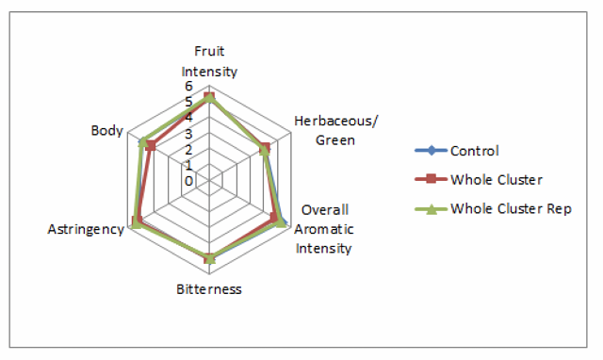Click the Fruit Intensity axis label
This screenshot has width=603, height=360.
(209, 61)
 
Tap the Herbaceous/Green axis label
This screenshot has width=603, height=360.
(335, 130)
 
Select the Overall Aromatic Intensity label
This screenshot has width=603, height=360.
(324, 229)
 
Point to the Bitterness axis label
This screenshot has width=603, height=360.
(209, 289)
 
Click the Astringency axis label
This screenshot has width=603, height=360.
(86, 229)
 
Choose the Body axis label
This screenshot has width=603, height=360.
(106, 131)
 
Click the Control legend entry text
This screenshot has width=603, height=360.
(475, 151)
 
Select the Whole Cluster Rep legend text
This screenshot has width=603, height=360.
(511, 209)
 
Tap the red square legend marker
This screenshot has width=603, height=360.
(432, 179)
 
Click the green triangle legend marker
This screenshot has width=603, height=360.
(432, 209)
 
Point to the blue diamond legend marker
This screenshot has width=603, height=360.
(432, 151)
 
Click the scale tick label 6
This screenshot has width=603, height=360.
(188, 86)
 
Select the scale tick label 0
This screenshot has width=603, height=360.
(188, 181)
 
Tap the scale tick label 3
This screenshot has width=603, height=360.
(188, 134)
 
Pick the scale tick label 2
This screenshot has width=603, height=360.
(188, 150)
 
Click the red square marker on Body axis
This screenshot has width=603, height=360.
(151, 146)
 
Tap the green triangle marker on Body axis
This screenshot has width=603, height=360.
(143, 141)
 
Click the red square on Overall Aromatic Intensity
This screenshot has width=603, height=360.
(274, 218)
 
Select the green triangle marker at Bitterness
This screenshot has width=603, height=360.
(209, 258)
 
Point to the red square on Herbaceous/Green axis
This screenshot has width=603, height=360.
(266, 148)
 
